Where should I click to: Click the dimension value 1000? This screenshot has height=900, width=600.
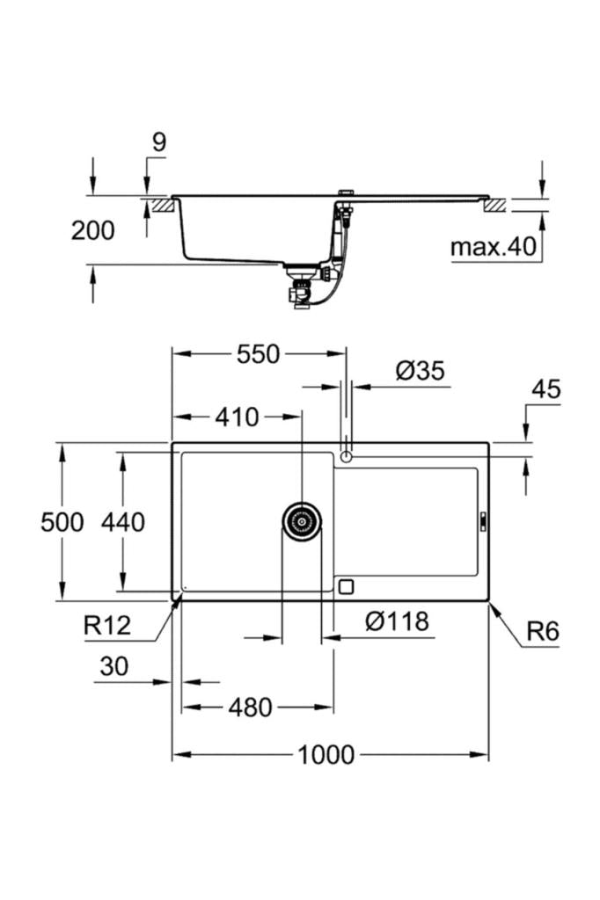tap(326, 754)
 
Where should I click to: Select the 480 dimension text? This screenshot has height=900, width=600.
tap(251, 708)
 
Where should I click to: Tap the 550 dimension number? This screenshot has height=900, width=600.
tap(258, 354)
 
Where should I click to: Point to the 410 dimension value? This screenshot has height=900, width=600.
tap(237, 417)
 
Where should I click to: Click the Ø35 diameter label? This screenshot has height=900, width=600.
tap(420, 371)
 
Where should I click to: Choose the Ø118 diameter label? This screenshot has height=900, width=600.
tap(397, 622)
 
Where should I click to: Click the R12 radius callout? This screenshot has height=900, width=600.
tap(107, 626)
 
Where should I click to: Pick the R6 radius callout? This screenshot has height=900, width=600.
tap(543, 631)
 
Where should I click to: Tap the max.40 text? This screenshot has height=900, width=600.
tap(493, 247)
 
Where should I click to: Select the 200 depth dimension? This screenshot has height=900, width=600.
tap(92, 230)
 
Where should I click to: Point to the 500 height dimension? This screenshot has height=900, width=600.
tap(62, 522)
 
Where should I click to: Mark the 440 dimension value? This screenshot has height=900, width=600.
tap(122, 522)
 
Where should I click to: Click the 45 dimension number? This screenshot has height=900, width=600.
tap(545, 389)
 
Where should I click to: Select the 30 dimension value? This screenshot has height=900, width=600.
tap(113, 667)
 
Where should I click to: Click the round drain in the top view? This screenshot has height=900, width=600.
tap(302, 521)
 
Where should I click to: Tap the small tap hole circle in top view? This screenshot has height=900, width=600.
tap(347, 456)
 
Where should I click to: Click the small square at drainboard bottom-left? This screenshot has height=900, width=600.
tap(346, 586)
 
